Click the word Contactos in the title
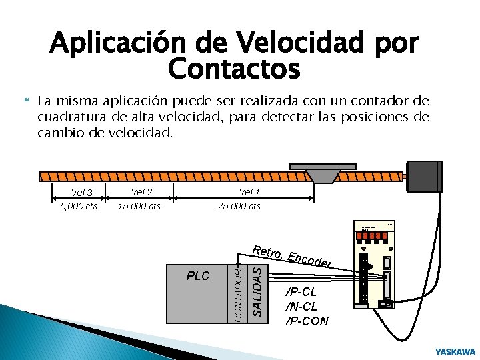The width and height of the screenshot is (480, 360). coord(235,68)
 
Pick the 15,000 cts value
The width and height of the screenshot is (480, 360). coord(139,206)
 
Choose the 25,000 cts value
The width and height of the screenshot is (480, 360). coord(239,206)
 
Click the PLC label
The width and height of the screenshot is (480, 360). coord(198,276)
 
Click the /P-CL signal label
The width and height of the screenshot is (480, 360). coord(301,292)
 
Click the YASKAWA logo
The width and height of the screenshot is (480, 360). coord(455,351)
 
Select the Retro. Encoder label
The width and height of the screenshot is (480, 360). coord(292,257)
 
